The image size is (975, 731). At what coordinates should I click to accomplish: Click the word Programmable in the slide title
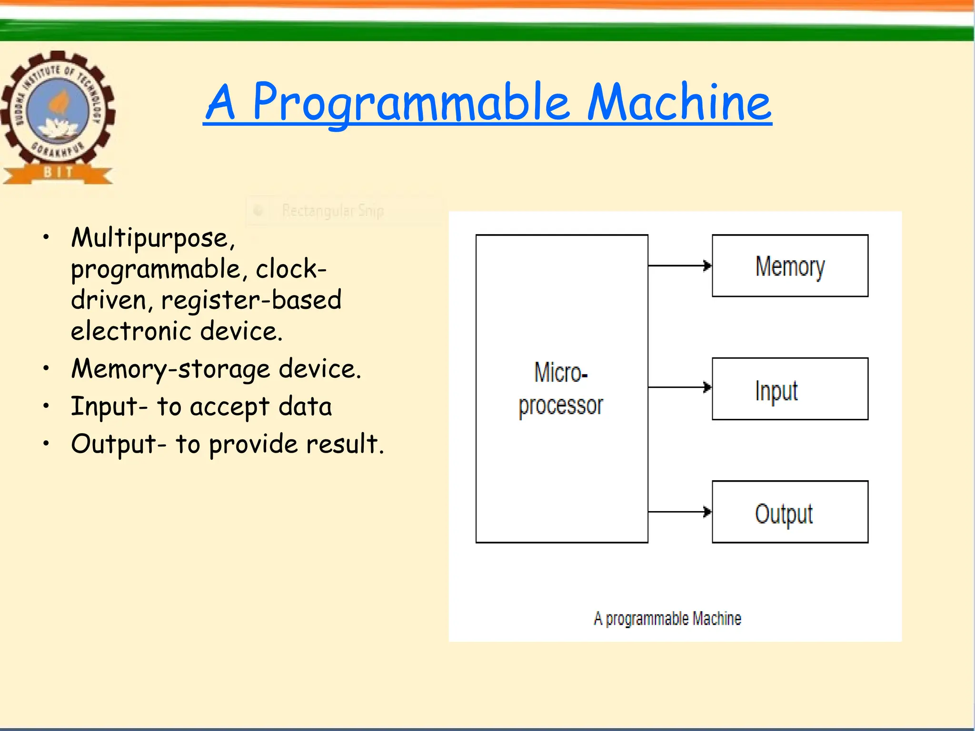coord(410,102)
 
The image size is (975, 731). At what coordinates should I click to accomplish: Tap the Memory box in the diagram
coord(790,266)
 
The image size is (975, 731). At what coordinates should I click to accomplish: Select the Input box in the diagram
coord(790,389)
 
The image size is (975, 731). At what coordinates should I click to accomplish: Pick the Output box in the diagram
coord(790,512)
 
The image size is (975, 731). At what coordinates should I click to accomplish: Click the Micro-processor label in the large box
coord(561,389)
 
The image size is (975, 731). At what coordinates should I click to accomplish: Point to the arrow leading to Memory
coord(680,266)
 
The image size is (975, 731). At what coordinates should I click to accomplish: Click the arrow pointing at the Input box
coord(680,387)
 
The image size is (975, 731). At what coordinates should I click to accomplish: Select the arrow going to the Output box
coord(680,512)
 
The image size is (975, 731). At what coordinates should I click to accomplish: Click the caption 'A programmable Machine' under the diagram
coord(667,619)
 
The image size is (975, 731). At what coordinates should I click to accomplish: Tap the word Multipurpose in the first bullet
coord(152,238)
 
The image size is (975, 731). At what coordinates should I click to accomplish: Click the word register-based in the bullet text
coord(251,300)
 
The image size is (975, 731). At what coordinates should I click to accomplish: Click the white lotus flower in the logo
coord(58,128)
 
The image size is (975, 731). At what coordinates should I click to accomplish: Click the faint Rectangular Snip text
coord(332,210)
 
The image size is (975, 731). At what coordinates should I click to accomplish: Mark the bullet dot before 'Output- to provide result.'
coord(46,444)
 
